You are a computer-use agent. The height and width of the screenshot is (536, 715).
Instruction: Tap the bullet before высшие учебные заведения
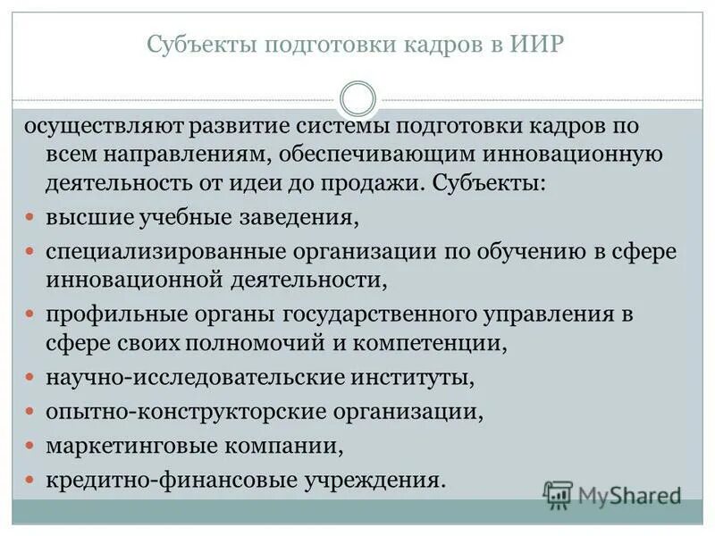tap(29, 217)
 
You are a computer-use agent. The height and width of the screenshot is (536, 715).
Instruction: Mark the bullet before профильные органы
tap(29, 314)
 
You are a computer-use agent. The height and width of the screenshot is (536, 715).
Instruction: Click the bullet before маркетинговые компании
tap(29, 444)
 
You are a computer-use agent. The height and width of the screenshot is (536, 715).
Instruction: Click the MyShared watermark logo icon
tap(558, 494)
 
